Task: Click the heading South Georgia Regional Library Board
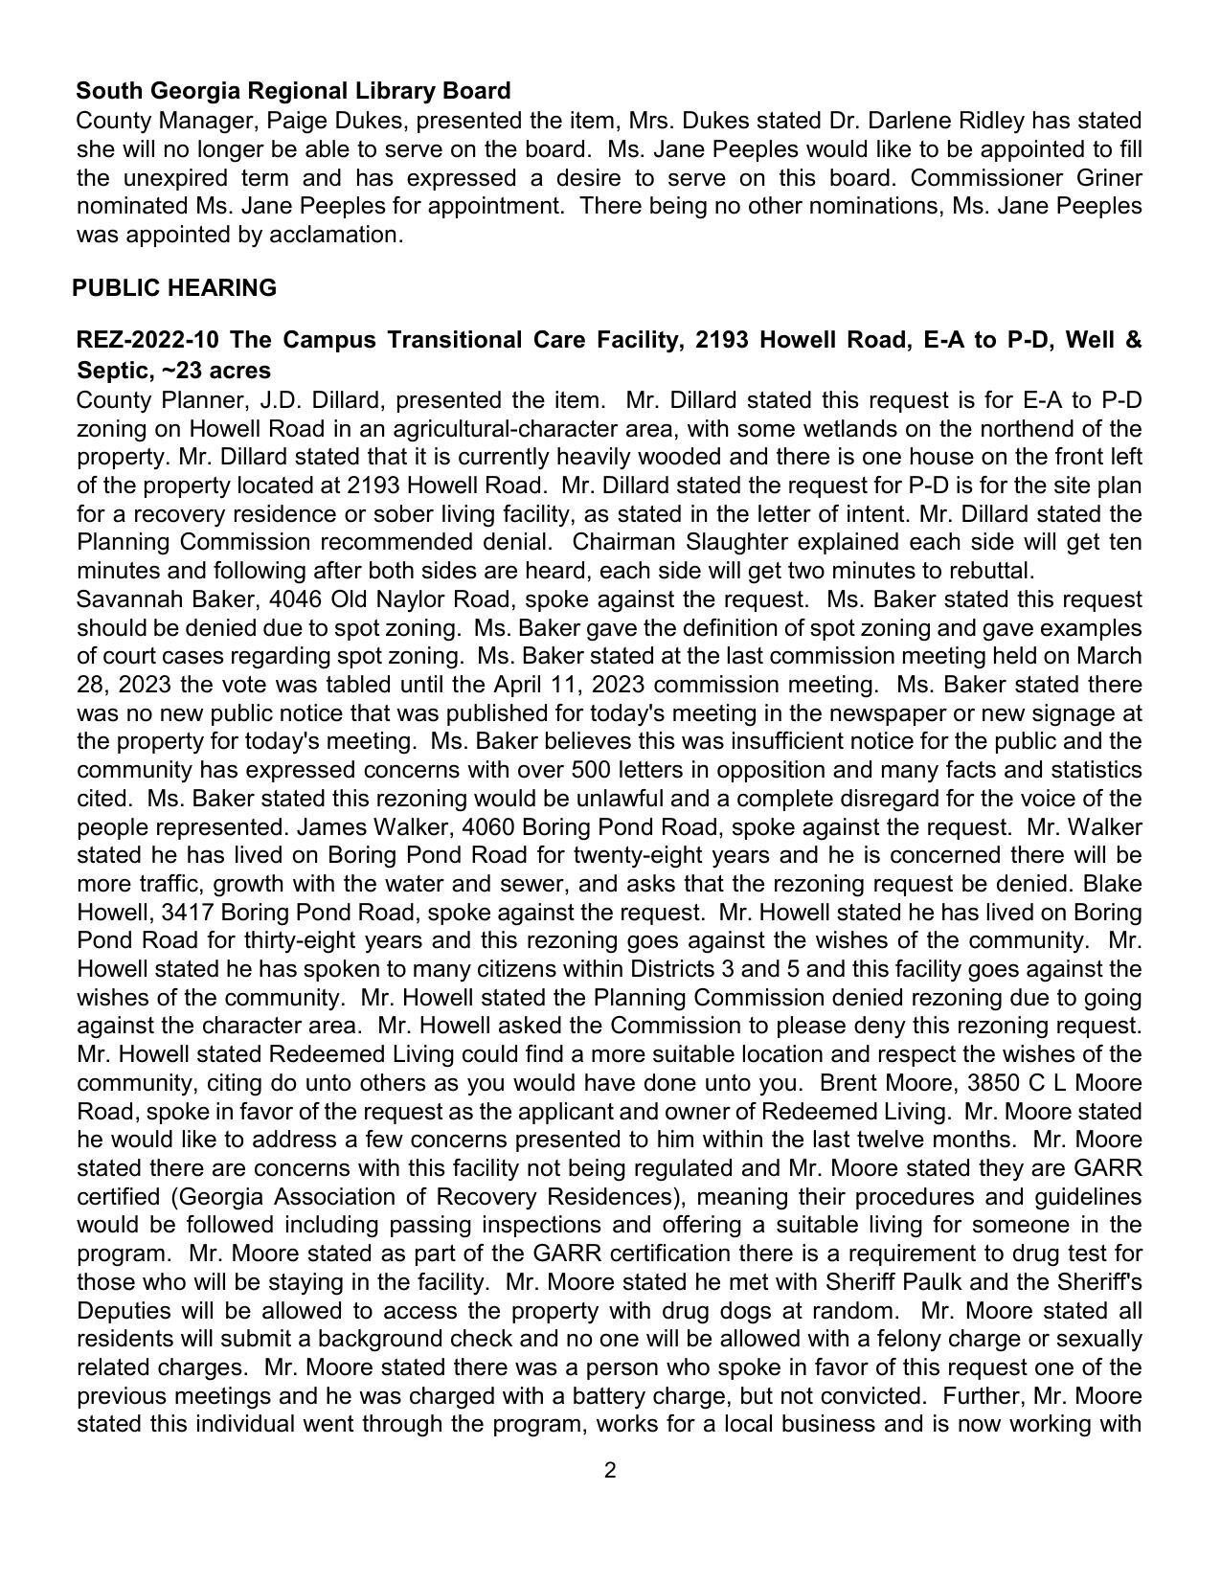point(293,91)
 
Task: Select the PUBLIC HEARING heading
point(174,288)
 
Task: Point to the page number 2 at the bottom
point(610,1471)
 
